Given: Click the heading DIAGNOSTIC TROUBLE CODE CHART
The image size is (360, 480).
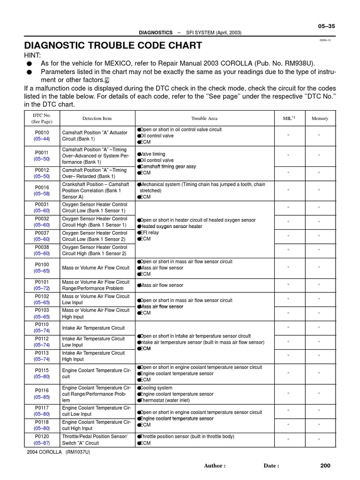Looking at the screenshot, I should [113, 45].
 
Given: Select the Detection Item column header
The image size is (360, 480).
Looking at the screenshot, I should [97, 119].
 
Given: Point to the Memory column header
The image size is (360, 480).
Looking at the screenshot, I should [320, 119].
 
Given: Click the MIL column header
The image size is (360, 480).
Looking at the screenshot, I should [289, 119].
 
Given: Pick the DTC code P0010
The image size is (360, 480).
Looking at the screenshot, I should [42, 133].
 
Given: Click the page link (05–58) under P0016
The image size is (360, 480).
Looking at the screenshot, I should [42, 194].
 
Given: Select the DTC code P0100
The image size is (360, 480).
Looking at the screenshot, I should [42, 264].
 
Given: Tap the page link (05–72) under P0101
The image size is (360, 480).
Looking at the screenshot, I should [42, 288].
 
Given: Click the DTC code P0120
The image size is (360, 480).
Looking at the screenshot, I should [42, 436].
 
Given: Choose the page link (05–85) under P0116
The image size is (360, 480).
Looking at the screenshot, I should [42, 397].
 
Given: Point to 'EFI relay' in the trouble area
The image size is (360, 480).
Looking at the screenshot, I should [150, 232].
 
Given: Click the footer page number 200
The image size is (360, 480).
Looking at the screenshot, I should [325, 465].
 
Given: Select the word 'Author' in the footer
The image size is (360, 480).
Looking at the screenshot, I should [214, 465].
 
